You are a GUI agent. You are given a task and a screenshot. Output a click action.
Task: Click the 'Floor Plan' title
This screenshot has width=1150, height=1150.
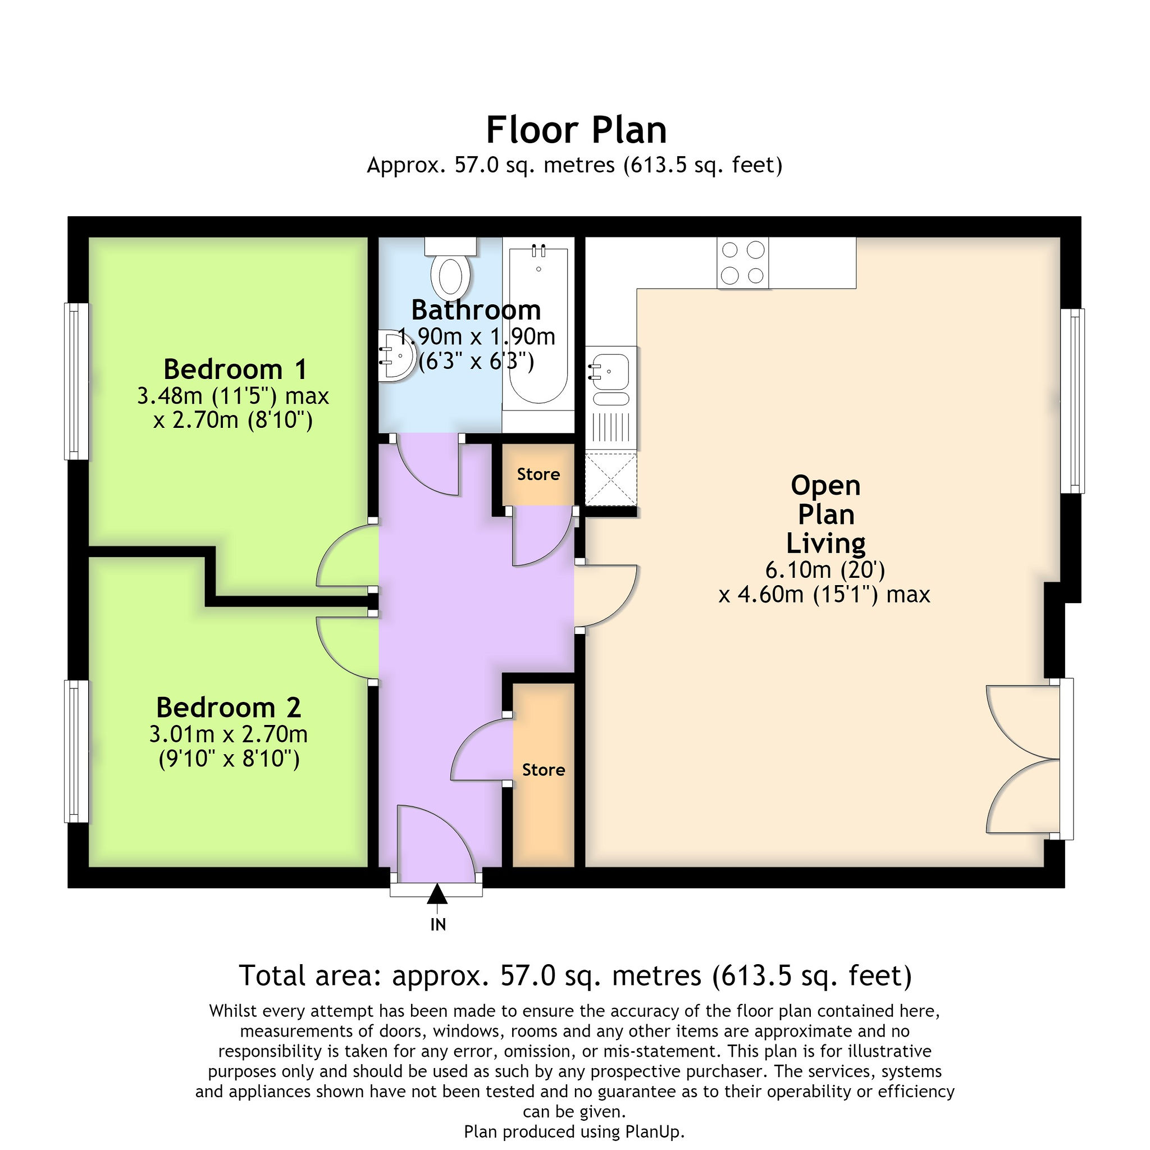(x=576, y=130)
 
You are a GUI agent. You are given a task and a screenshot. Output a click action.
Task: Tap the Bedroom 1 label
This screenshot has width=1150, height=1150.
(x=235, y=369)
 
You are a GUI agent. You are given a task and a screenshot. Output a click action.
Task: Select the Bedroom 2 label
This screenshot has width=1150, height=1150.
(x=229, y=707)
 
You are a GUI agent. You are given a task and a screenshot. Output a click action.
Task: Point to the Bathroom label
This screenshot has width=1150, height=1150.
(x=476, y=310)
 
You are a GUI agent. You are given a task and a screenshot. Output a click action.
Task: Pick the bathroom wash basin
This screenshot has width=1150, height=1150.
(x=395, y=355)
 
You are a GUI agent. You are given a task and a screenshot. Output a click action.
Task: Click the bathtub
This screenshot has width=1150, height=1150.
(x=538, y=326)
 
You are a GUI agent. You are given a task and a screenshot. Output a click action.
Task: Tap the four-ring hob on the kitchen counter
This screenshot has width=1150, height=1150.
(x=743, y=262)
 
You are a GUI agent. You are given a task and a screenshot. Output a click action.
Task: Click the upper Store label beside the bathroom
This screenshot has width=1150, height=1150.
(x=538, y=474)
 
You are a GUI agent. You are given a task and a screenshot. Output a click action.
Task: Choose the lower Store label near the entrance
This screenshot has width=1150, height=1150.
(x=544, y=770)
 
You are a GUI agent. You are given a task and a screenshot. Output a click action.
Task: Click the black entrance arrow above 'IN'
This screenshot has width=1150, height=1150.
(x=437, y=894)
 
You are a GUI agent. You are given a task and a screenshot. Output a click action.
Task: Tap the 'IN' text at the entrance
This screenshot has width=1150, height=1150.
(x=438, y=924)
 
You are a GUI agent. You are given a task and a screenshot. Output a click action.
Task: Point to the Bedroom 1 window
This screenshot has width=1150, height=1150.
(x=76, y=381)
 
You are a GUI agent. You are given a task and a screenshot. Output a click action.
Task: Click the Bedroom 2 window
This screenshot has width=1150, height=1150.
(x=76, y=751)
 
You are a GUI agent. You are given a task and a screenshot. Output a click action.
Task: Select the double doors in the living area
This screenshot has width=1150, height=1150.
(x=1029, y=759)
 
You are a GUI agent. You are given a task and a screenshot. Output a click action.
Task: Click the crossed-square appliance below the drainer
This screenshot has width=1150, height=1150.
(x=611, y=479)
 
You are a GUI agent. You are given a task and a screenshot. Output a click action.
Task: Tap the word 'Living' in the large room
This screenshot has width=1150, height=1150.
(x=825, y=543)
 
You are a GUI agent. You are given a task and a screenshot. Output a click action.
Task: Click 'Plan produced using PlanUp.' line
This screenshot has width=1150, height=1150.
(x=574, y=1131)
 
